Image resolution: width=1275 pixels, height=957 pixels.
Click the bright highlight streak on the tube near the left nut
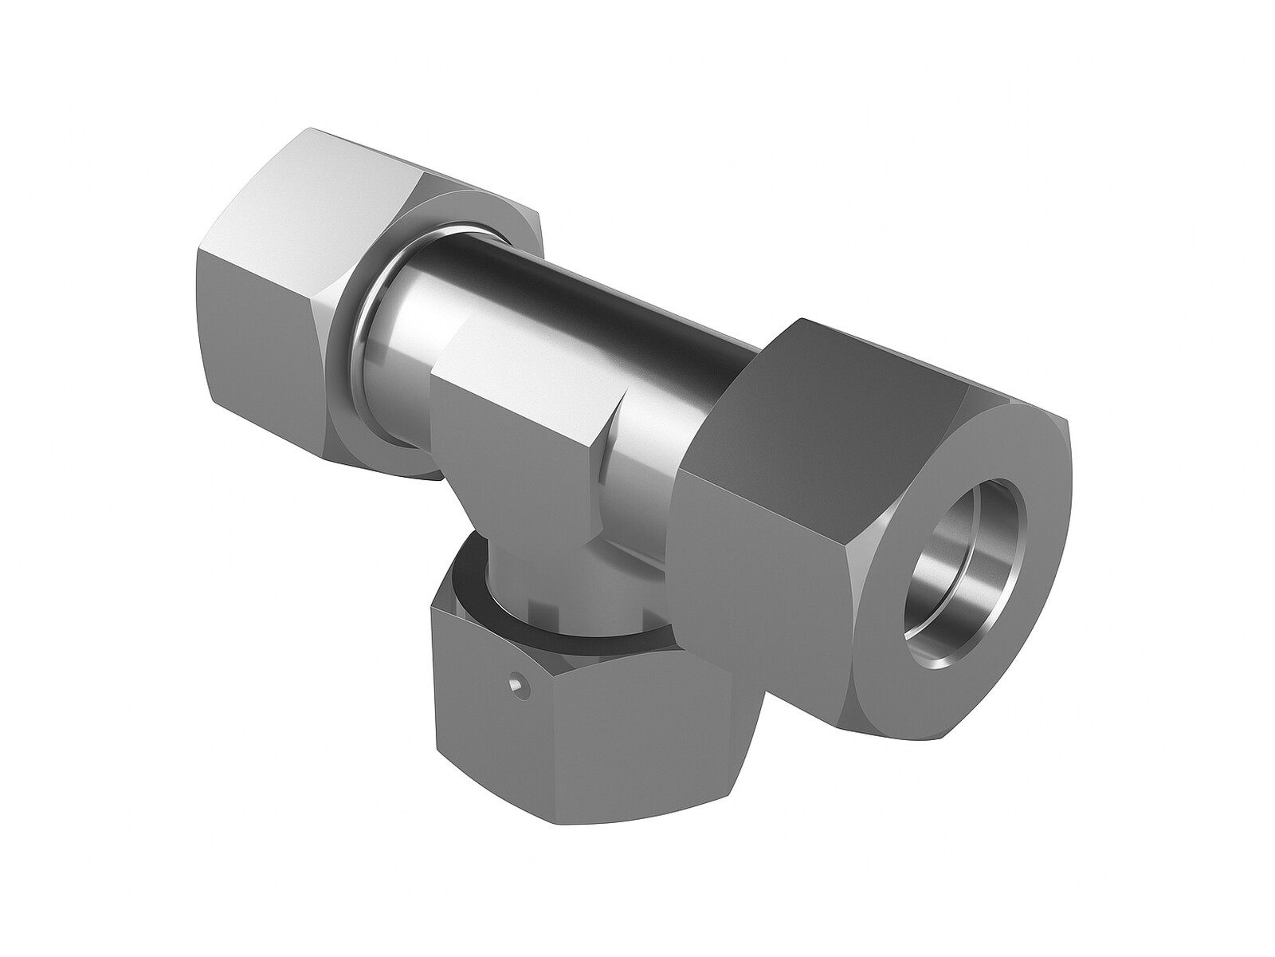[x=406, y=303]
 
